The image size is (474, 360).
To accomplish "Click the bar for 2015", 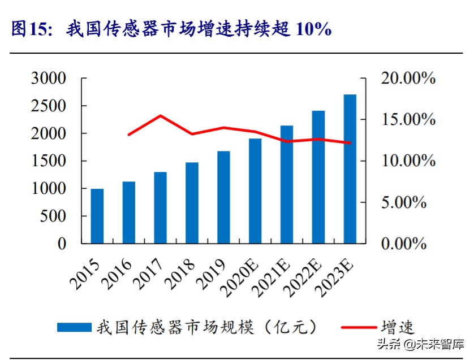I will (x=97, y=216).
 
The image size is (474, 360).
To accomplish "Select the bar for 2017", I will (x=161, y=207).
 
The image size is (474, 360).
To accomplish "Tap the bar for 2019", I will (x=223, y=197).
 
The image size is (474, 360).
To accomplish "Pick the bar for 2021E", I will (x=287, y=184).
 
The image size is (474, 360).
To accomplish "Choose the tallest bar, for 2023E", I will (x=350, y=169).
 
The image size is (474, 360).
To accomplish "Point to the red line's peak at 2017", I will (x=161, y=116).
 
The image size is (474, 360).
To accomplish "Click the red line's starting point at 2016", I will (x=129, y=135).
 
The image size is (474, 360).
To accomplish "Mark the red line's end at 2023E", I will (x=350, y=143).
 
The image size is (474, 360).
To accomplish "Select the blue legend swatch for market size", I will (x=74, y=327).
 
